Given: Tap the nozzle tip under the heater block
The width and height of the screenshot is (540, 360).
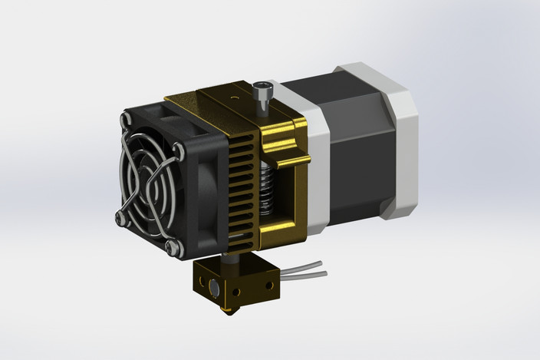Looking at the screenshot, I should [225, 312].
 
